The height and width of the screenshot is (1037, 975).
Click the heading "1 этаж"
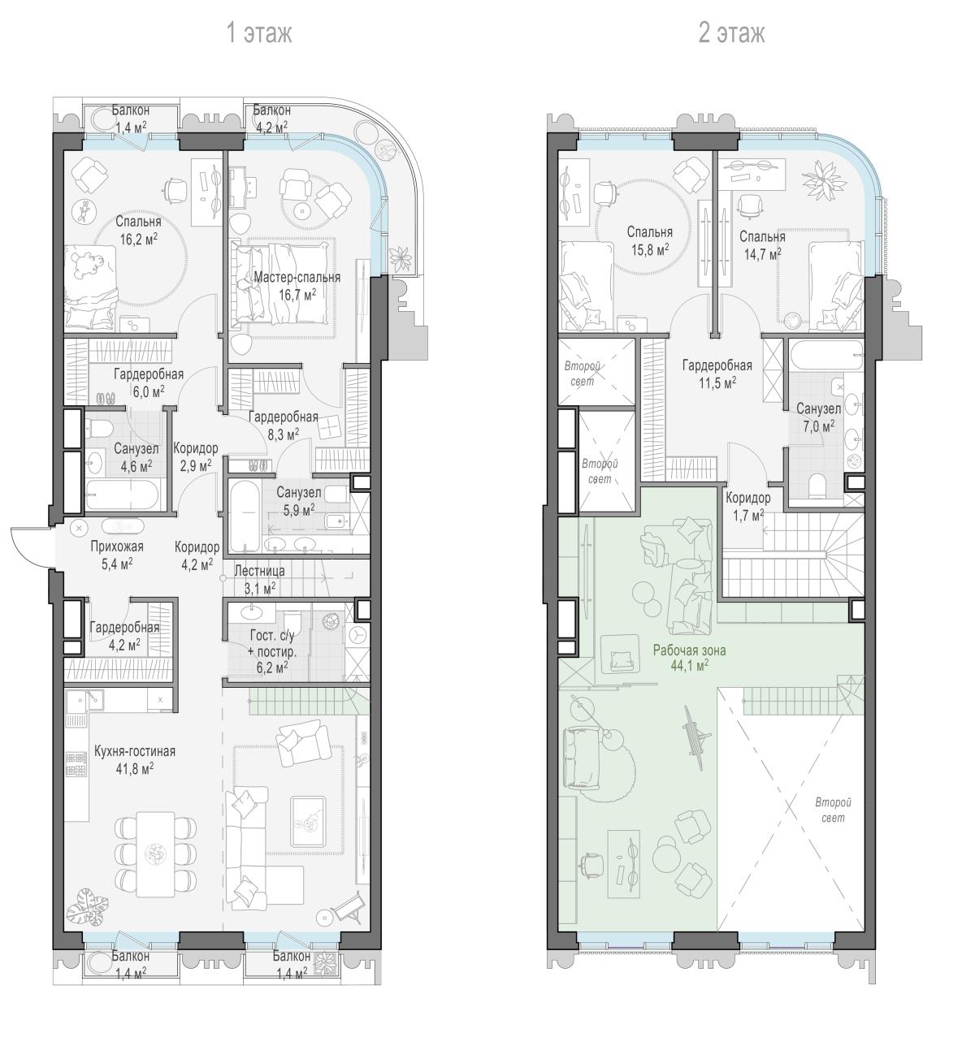click(259, 33)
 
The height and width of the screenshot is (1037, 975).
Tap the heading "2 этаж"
click(731, 33)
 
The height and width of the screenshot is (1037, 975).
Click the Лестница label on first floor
click(259, 571)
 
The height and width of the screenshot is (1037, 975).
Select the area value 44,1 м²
click(690, 666)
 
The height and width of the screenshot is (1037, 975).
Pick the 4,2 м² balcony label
click(271, 127)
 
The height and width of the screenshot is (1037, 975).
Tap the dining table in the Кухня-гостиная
click(156, 853)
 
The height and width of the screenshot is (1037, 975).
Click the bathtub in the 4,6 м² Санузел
click(122, 495)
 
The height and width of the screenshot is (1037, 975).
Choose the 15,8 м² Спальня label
click(649, 240)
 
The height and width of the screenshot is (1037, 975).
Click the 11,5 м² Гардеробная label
click(717, 374)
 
